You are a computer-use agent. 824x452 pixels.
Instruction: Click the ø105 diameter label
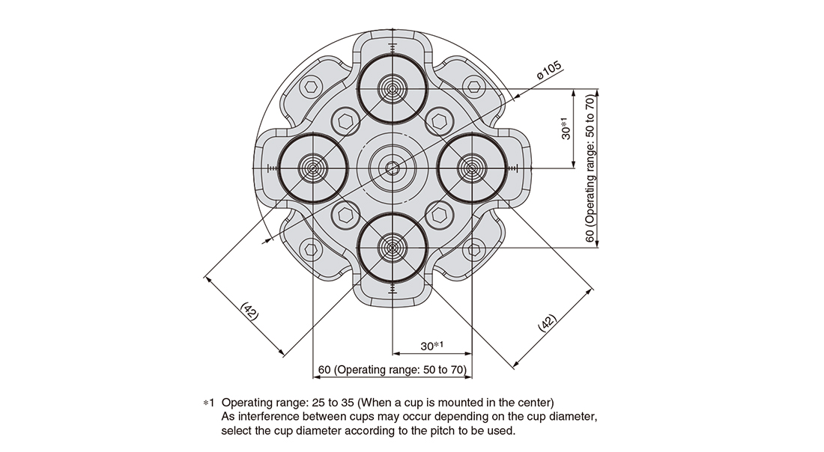click(x=549, y=71)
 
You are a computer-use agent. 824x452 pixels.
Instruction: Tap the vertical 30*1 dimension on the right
click(x=566, y=128)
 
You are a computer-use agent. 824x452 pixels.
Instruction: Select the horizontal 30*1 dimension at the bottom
click(x=432, y=346)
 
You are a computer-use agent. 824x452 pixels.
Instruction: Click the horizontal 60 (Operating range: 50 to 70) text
click(x=392, y=370)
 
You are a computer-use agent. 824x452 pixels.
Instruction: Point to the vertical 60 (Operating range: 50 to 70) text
click(x=591, y=168)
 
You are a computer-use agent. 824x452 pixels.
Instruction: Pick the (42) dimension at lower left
click(x=249, y=311)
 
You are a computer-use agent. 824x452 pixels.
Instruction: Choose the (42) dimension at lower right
click(x=547, y=323)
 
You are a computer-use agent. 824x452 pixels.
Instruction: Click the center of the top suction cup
click(x=392, y=89)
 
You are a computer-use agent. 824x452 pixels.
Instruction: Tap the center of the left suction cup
click(x=313, y=168)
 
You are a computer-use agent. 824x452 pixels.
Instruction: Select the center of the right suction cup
click(x=471, y=168)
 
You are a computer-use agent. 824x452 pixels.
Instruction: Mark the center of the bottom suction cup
click(x=392, y=247)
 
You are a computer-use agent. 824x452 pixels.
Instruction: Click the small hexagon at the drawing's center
click(x=392, y=168)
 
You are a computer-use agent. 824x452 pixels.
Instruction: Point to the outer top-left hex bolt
click(x=311, y=87)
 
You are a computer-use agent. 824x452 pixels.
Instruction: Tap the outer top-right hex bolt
click(x=473, y=87)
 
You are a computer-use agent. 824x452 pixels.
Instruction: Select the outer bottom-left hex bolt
click(x=311, y=249)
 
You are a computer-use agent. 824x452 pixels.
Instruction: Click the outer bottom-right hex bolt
click(x=473, y=249)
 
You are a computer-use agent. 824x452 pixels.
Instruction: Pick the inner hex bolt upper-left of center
click(x=345, y=121)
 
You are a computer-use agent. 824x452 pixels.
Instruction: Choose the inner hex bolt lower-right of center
click(x=439, y=215)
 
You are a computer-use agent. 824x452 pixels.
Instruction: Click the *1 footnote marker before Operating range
click(x=209, y=403)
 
